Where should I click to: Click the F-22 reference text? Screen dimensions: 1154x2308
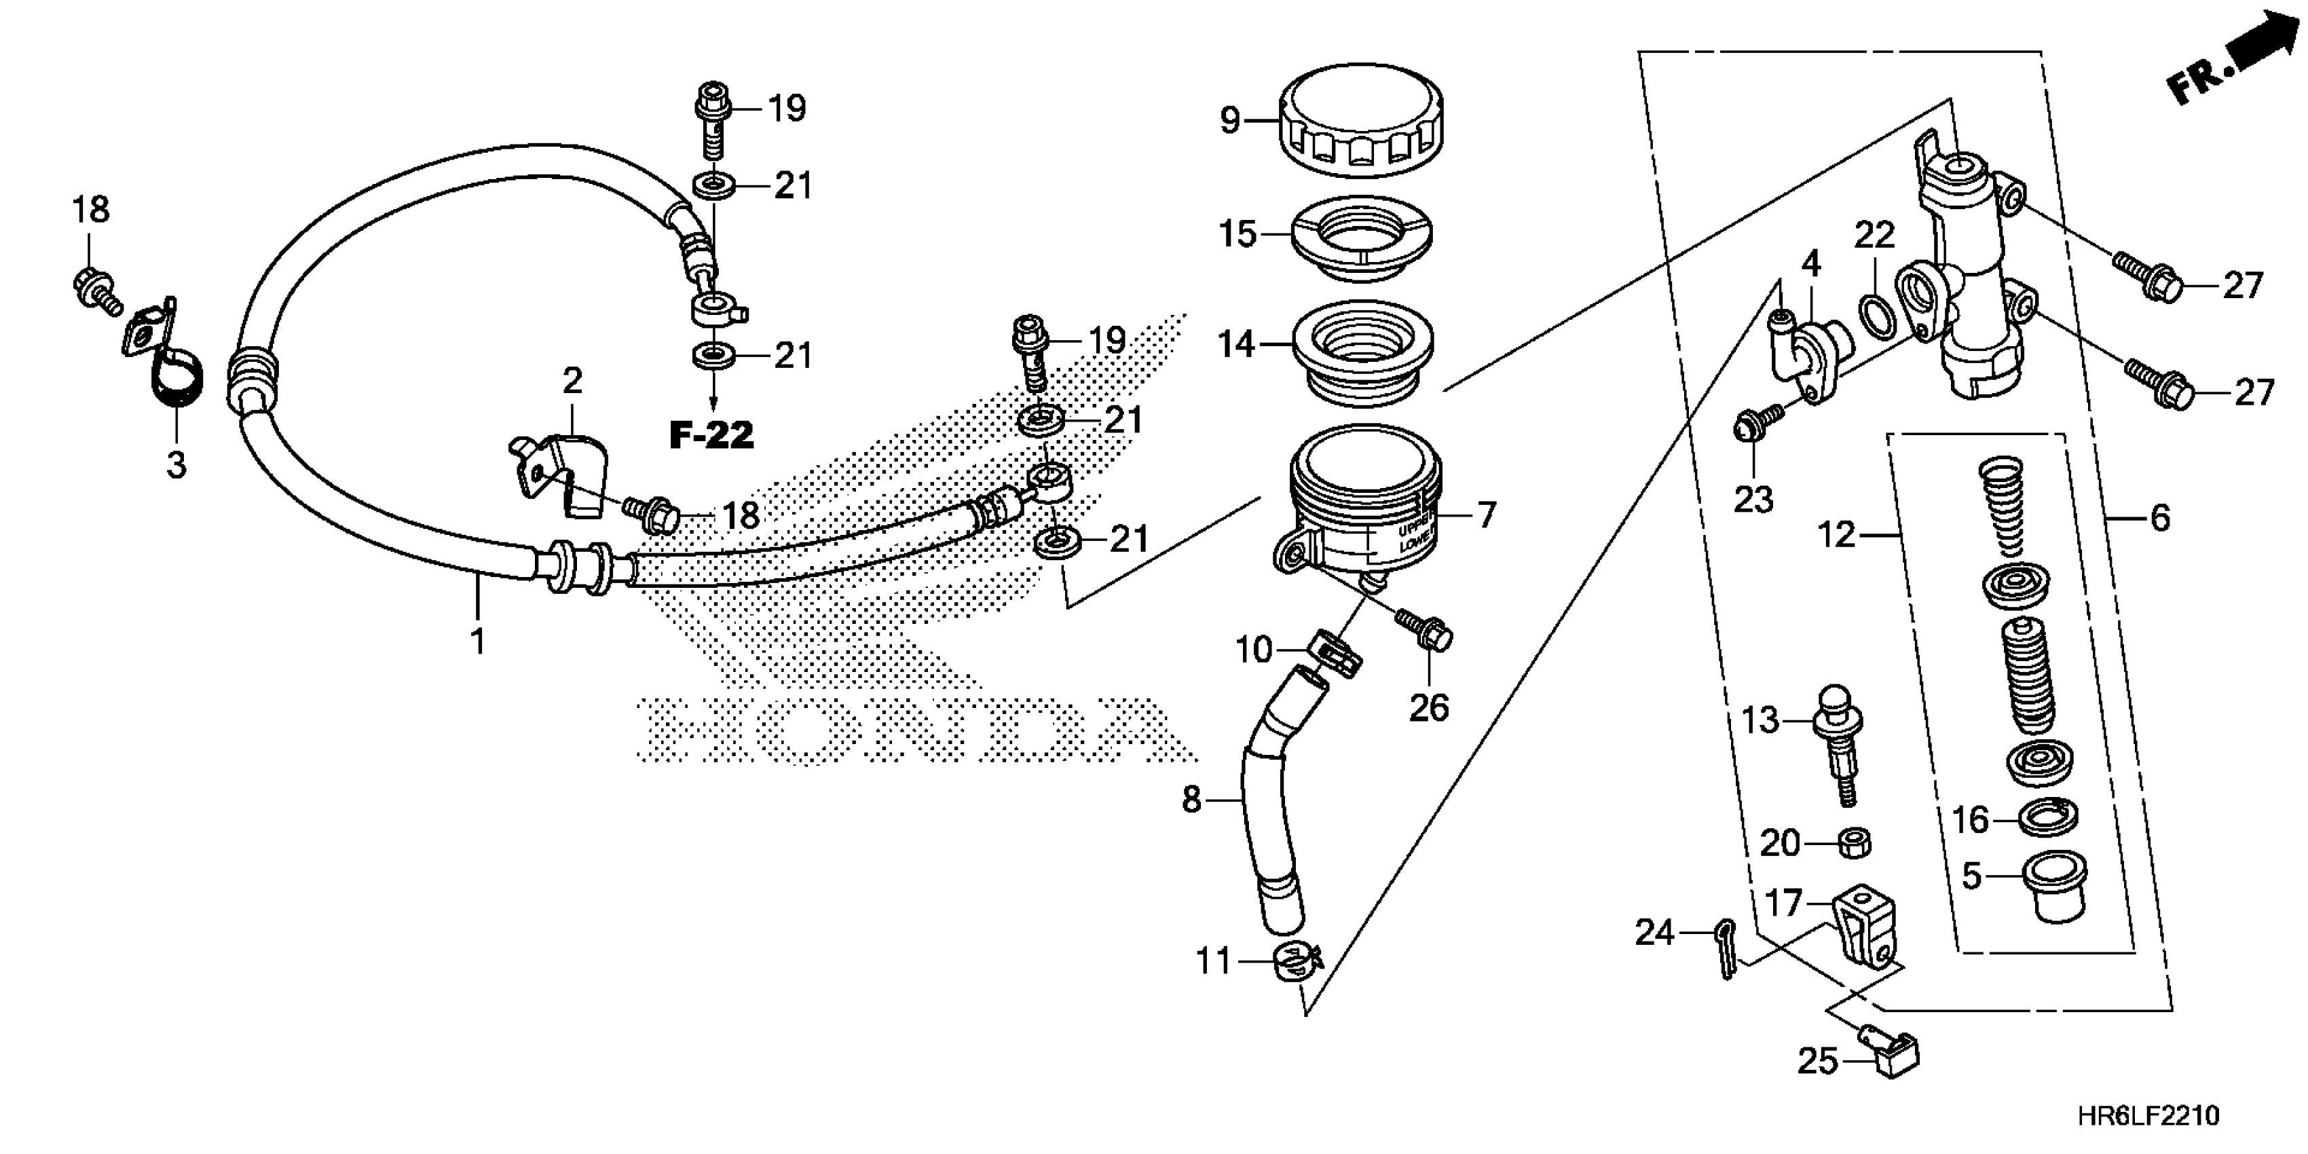tap(712, 436)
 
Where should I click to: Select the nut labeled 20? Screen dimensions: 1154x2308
tap(1853, 843)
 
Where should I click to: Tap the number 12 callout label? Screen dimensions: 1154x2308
tap(1837, 535)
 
